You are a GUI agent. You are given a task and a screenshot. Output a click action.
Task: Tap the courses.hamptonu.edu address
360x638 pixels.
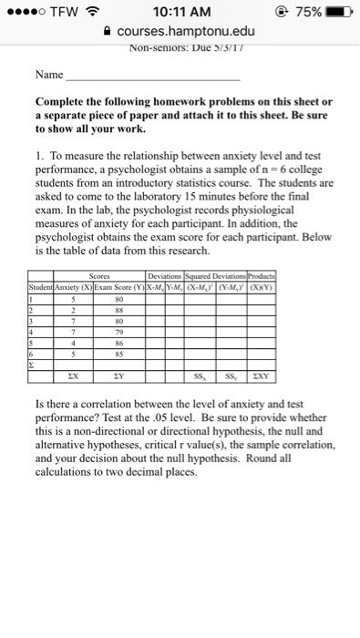pos(188,31)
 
